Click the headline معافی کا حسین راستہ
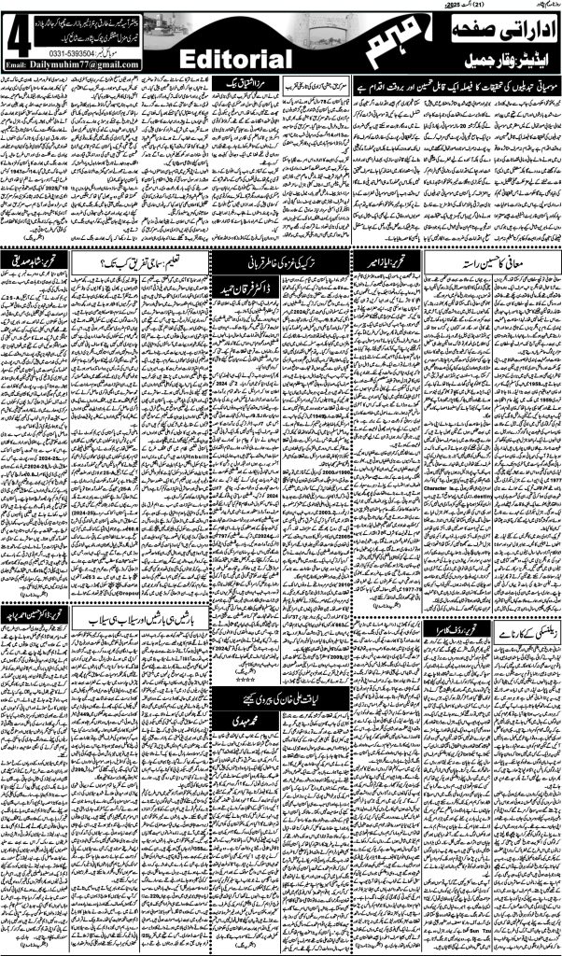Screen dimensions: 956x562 [475, 261]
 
